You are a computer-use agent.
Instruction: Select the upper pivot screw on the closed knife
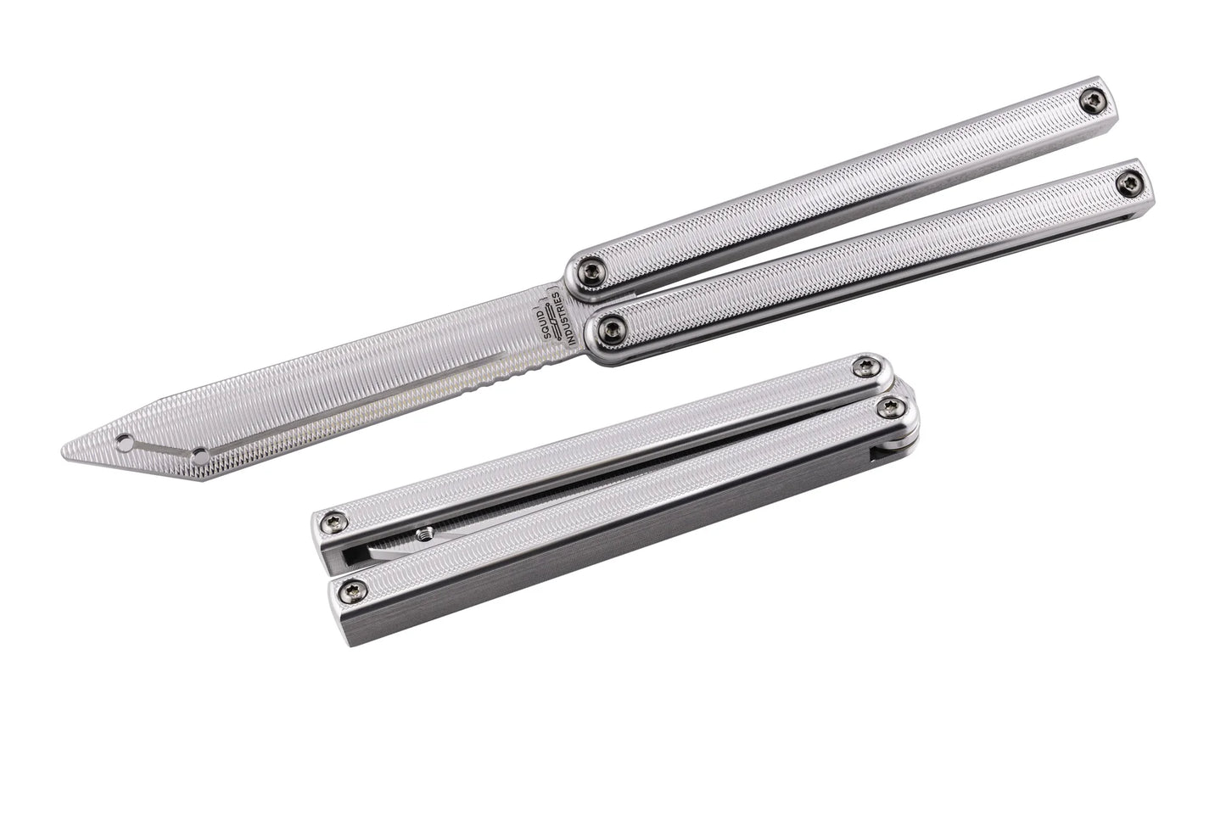click(x=866, y=366)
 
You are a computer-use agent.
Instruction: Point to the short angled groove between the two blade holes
click(x=163, y=446)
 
